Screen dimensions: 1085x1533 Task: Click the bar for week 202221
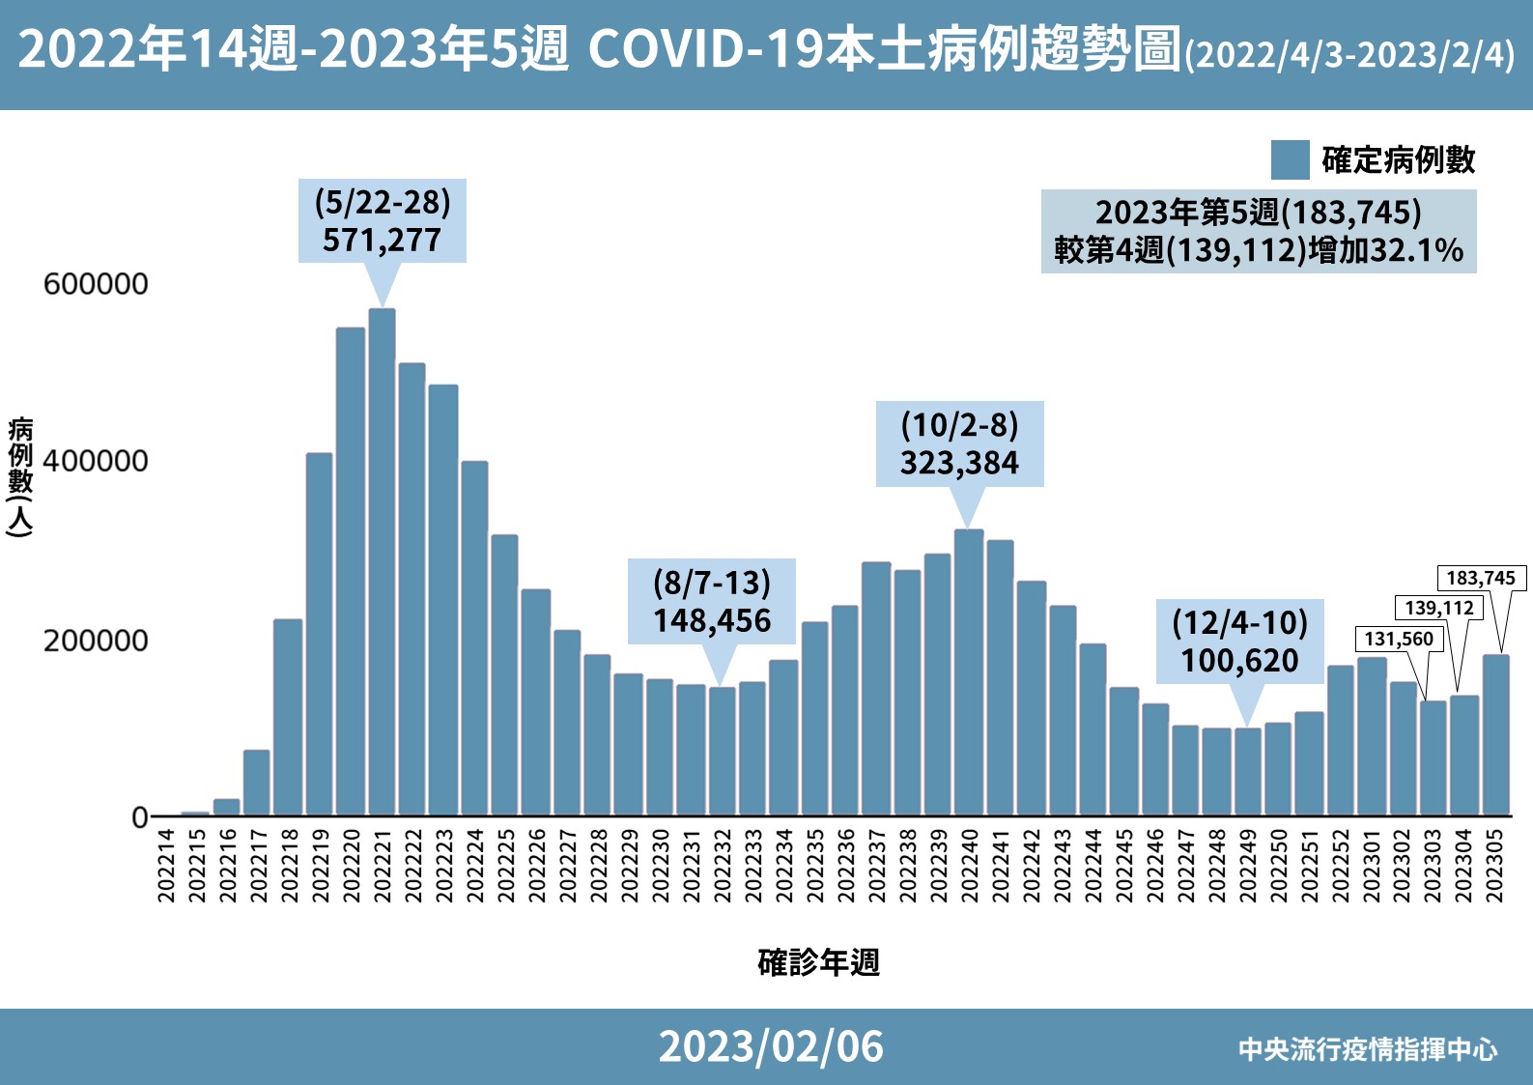coord(382,561)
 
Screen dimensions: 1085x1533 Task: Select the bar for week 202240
coord(968,671)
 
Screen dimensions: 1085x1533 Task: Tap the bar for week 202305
coord(1495,734)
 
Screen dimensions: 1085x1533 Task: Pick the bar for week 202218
coord(288,717)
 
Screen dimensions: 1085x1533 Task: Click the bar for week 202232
coord(722,751)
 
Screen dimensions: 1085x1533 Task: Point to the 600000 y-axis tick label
coord(96,284)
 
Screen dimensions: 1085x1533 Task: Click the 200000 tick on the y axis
coord(96,641)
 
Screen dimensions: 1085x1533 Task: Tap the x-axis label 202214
coord(166,865)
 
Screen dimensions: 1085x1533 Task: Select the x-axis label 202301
coord(1371,865)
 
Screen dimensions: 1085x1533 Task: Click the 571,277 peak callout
coord(382,221)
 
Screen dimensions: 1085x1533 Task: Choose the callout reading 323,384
coord(959,443)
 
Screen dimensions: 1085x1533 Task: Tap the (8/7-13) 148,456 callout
coord(712,601)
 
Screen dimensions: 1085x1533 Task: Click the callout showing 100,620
coord(1239,642)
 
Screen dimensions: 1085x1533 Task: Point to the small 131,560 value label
coord(1399,639)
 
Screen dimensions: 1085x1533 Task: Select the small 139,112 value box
coord(1438,608)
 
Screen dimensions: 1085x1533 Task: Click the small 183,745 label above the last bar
coord(1480,578)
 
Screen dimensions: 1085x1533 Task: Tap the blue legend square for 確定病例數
coord(1290,160)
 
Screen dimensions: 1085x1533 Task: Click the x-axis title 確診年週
coord(818,962)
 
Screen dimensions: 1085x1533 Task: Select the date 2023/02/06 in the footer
coord(770,1046)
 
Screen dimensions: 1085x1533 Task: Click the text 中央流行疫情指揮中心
coord(1367,1049)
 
